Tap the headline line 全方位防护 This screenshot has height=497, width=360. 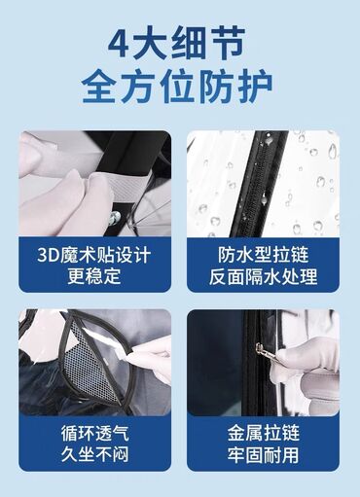177,87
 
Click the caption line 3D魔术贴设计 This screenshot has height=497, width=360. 94,255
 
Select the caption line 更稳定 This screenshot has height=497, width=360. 94,276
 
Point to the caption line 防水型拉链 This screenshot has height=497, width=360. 263,255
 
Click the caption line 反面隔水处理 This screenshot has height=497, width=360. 263,276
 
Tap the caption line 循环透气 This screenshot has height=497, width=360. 95,433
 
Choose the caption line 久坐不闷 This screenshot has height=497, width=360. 95,454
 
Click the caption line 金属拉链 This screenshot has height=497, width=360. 263,433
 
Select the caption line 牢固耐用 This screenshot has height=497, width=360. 263,454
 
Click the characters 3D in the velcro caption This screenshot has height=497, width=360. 49,255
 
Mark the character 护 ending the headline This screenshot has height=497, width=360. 255,87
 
